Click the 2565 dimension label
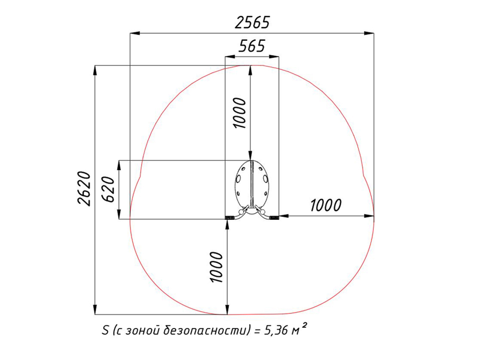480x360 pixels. [252, 23]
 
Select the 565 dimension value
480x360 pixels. [252, 46]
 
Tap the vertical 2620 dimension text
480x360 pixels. [84, 188]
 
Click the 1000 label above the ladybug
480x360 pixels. [240, 113]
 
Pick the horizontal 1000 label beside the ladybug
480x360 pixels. [326, 205]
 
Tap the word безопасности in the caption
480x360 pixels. [204, 330]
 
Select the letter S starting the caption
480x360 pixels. [105, 330]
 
